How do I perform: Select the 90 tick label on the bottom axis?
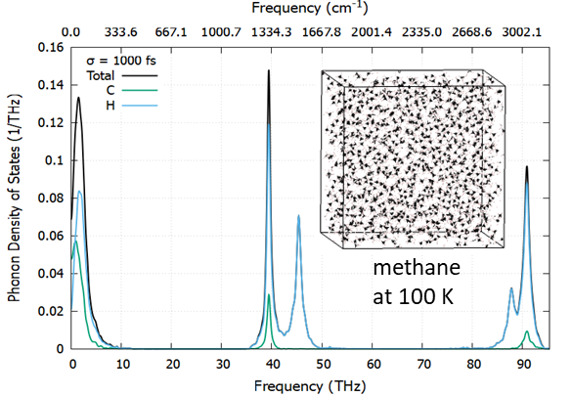point(524,364)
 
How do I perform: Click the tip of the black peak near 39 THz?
point(269,70)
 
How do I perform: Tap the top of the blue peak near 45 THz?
point(298,216)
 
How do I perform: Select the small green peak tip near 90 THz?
point(527,331)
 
